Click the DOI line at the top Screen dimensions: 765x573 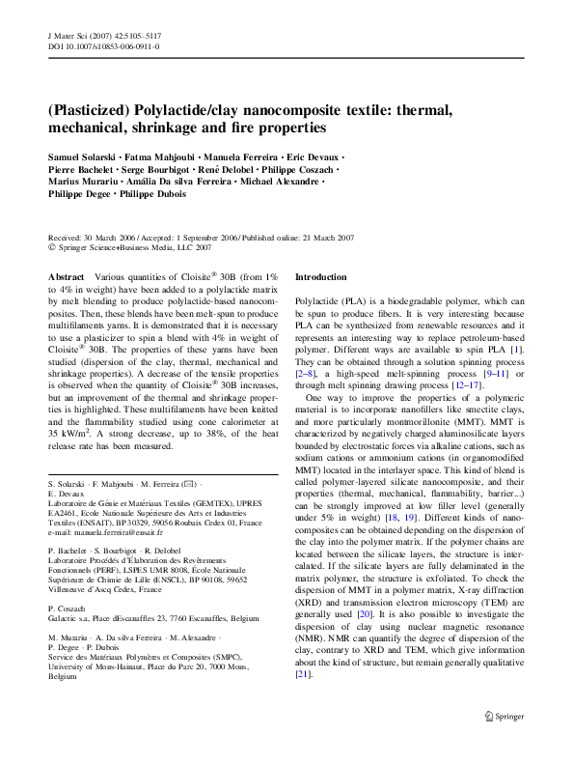pos(103,45)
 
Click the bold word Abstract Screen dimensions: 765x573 pos(66,276)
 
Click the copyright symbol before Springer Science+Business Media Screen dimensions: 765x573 pos(52,247)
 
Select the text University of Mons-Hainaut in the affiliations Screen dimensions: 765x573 pos(100,666)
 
